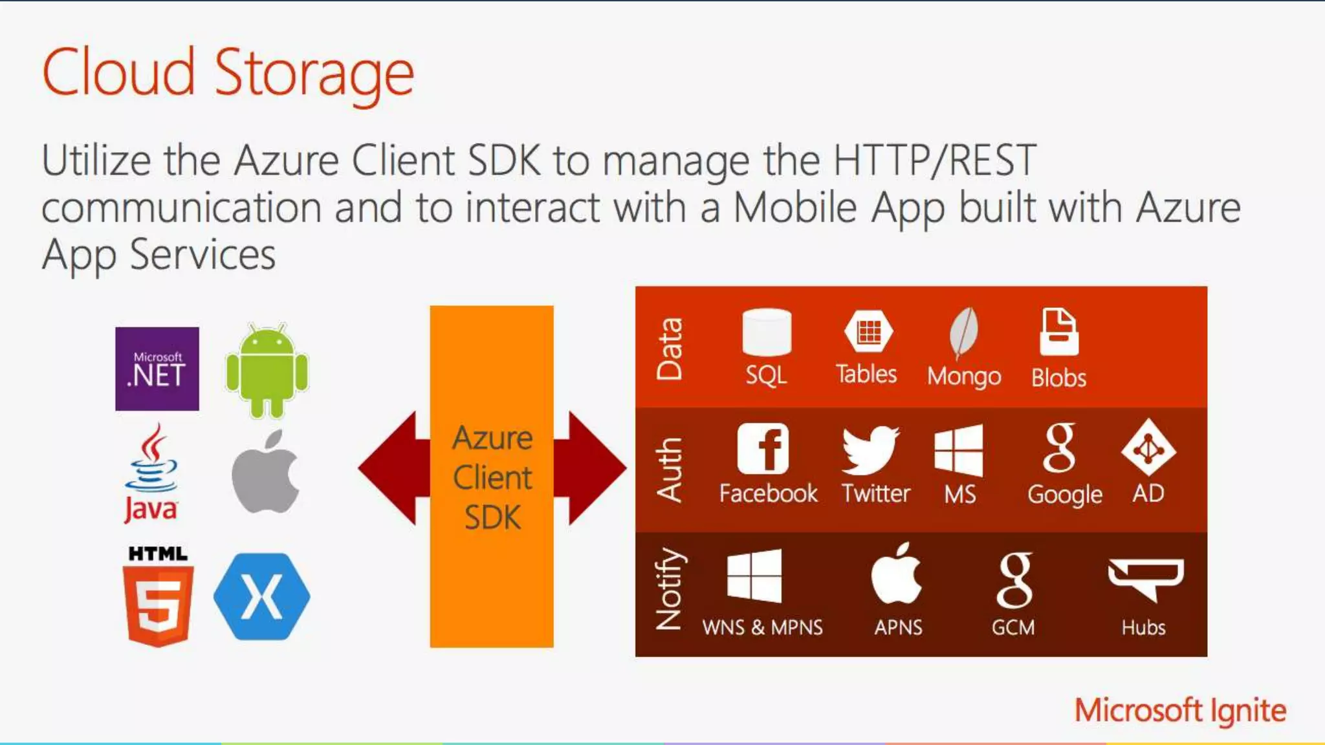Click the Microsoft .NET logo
[157, 369]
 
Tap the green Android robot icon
[267, 371]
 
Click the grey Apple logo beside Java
[265, 472]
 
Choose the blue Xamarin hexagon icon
[261, 596]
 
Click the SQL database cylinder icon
[767, 332]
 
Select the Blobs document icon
[1058, 332]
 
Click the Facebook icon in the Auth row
[763, 449]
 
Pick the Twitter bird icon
[870, 449]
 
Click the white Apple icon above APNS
[897, 574]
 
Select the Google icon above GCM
[1014, 579]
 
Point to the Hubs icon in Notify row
[1145, 578]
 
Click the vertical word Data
[669, 349]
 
